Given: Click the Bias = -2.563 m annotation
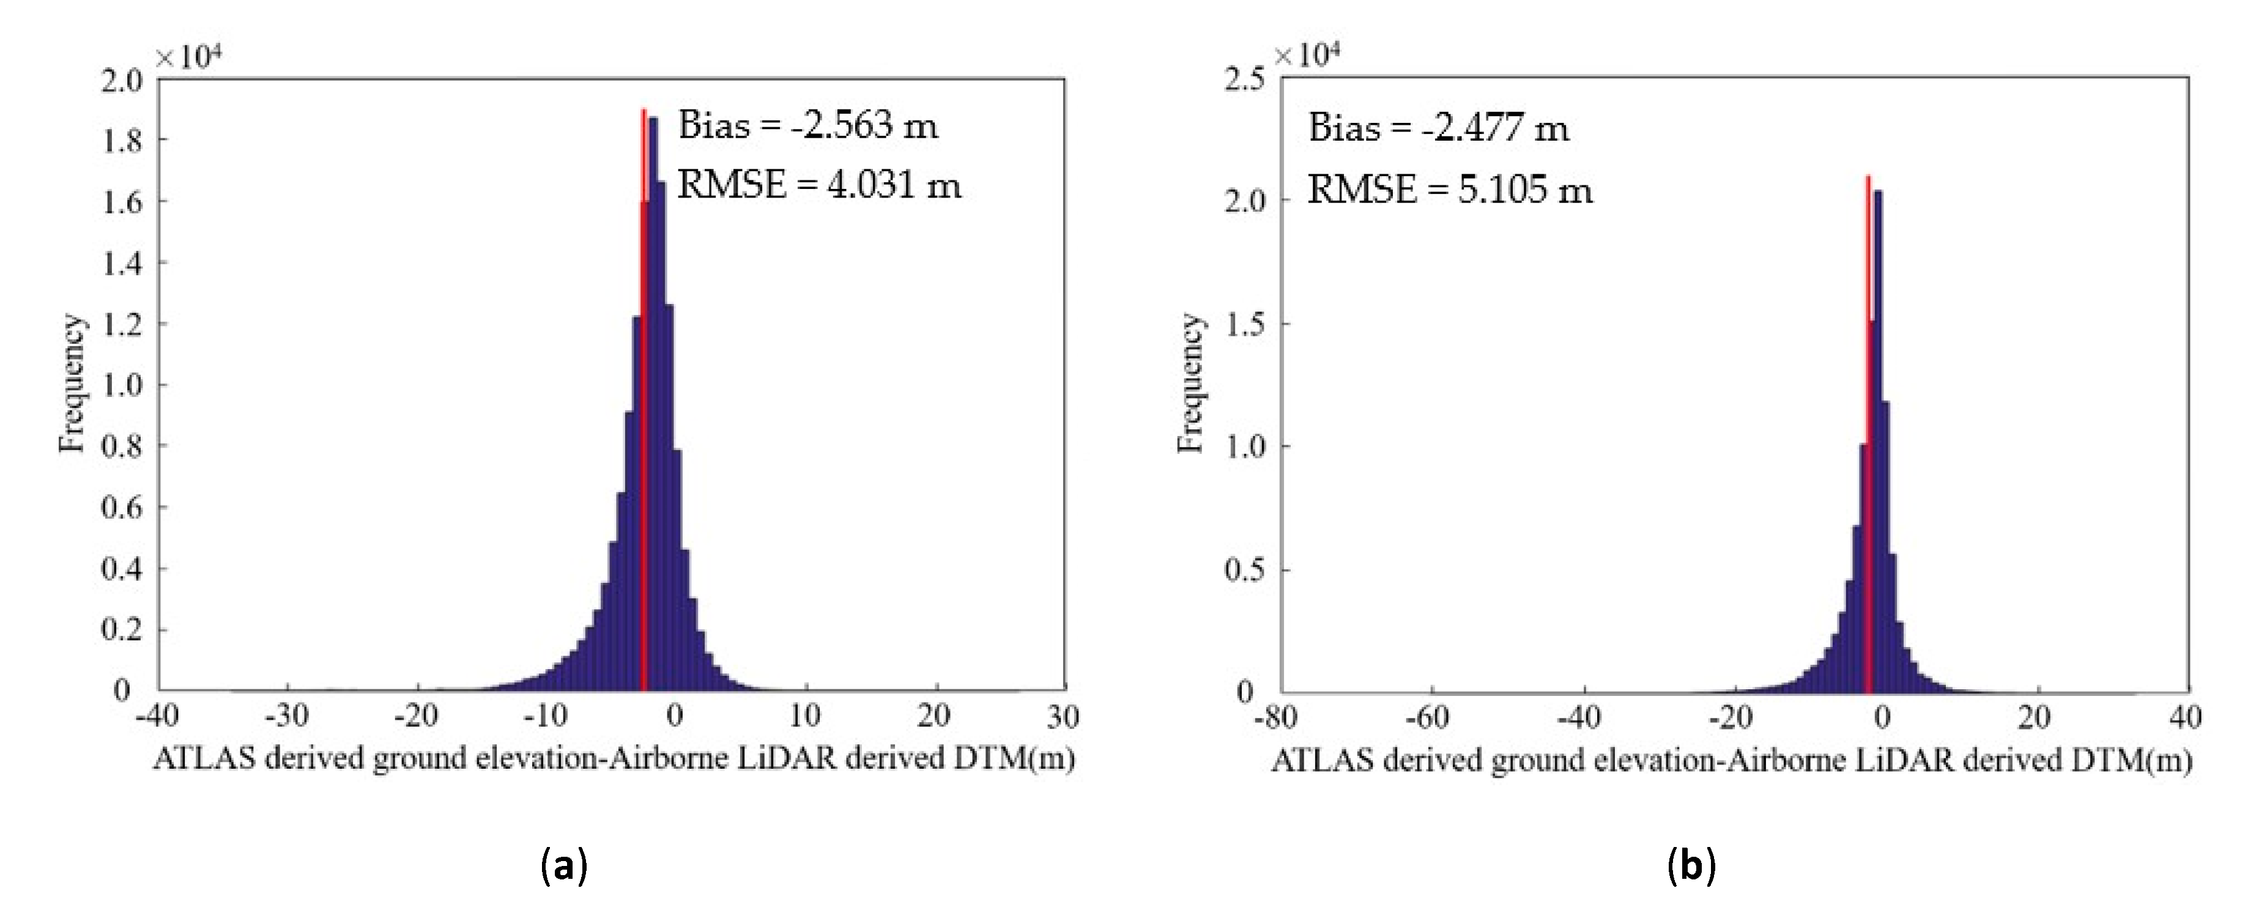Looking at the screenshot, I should click(807, 126).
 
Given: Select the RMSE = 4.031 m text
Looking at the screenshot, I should click(819, 185).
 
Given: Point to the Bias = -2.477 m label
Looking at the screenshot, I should click(1438, 128).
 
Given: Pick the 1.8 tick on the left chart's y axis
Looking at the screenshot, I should click(122, 140).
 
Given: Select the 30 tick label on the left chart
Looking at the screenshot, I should click(1063, 716).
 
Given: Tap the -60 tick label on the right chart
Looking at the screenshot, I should click(1431, 718).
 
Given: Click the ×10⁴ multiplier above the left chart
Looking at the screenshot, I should click(188, 57).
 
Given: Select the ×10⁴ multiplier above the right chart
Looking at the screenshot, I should click(1307, 55).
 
